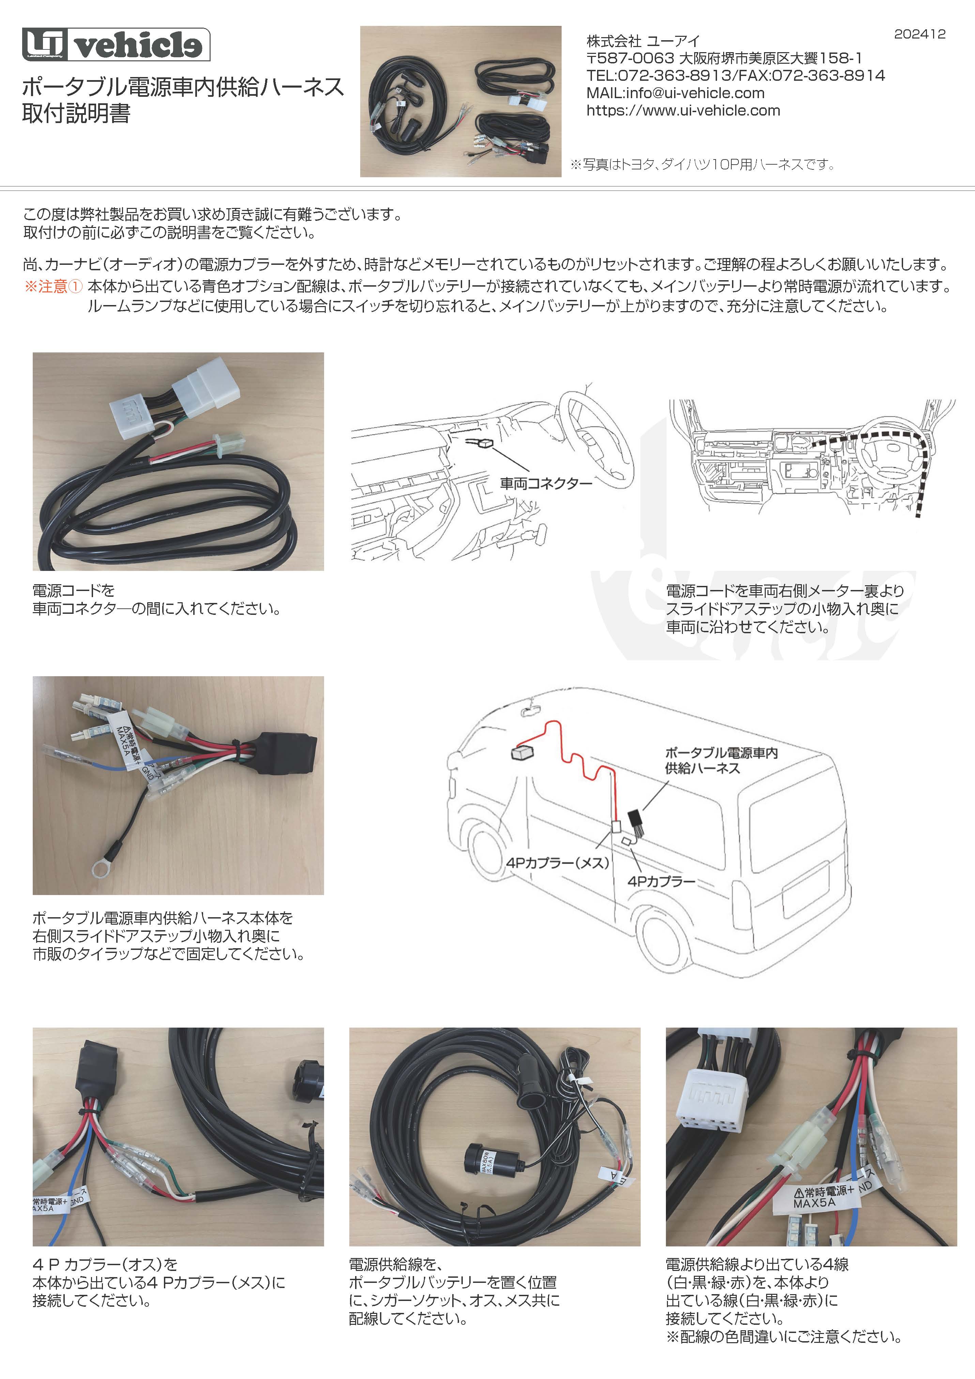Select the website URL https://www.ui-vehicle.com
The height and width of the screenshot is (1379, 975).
pyautogui.click(x=683, y=110)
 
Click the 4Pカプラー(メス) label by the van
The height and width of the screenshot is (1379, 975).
pyautogui.click(x=558, y=863)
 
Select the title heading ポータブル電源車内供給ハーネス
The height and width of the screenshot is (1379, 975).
pyautogui.click(x=183, y=87)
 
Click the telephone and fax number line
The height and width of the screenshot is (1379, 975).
pyautogui.click(x=735, y=76)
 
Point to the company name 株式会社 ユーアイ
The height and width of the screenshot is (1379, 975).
pyautogui.click(x=643, y=41)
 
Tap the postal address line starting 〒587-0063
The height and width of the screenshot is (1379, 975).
pyautogui.click(x=724, y=58)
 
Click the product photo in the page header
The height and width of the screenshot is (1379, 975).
pyautogui.click(x=460, y=102)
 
